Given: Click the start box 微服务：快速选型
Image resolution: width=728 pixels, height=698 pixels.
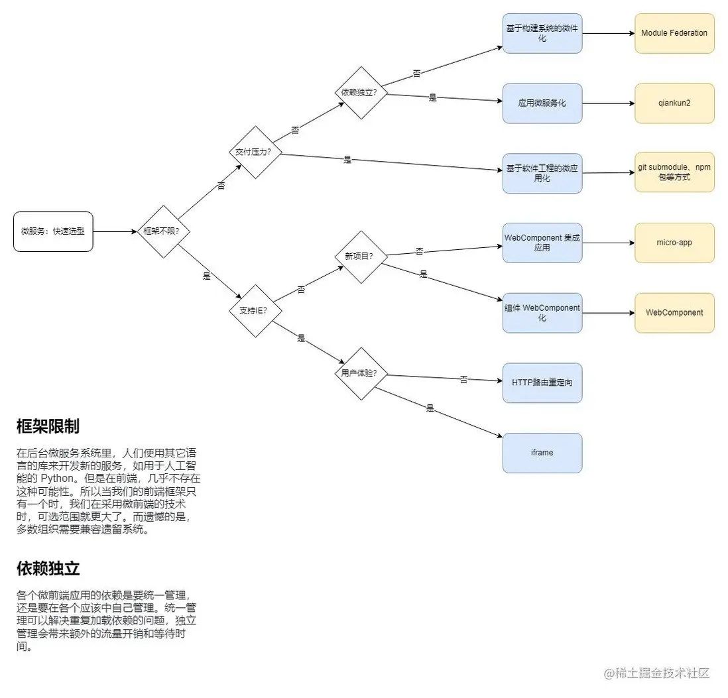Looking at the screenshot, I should tap(53, 231).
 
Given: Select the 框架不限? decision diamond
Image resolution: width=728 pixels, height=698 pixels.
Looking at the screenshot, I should tap(162, 231).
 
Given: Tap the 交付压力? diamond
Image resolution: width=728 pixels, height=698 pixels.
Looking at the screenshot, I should tap(255, 152).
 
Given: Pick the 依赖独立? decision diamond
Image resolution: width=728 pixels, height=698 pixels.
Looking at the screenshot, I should tap(359, 93).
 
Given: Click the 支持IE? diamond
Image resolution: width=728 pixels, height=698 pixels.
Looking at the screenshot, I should tap(255, 310).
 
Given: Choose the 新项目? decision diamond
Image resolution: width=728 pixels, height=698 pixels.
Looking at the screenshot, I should tap(359, 257).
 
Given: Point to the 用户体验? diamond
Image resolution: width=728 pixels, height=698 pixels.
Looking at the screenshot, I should tap(359, 373).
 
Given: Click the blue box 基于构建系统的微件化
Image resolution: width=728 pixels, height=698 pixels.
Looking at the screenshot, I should tap(542, 33).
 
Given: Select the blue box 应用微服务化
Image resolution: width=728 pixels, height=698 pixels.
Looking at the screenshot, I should tap(542, 103).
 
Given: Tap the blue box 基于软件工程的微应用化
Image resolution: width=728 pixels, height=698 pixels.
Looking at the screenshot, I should tap(542, 173).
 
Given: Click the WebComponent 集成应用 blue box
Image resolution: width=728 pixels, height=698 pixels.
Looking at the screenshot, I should tap(542, 243).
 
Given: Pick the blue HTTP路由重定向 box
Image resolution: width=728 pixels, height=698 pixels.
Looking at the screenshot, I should tap(542, 383).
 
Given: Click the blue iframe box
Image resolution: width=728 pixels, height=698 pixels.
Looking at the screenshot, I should tap(542, 453).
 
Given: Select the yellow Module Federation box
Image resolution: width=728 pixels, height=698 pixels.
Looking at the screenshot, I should tap(674, 33).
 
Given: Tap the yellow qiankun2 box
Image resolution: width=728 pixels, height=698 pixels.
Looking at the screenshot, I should tap(674, 103).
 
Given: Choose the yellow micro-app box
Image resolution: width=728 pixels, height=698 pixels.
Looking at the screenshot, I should tap(674, 243).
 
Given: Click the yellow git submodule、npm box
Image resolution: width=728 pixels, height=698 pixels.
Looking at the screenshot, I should tap(674, 172).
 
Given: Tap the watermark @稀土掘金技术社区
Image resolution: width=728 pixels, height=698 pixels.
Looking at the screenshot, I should tap(656, 673).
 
